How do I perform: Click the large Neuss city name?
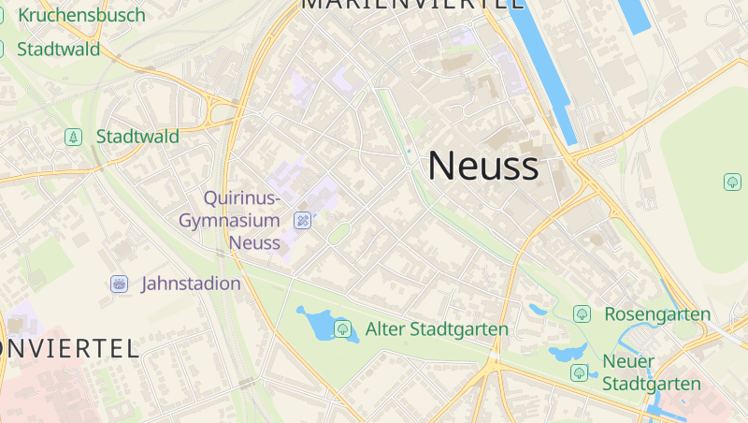click(482, 166)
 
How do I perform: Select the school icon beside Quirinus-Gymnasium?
click(302, 221)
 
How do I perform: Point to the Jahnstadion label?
click(191, 284)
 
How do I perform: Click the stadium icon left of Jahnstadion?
click(119, 284)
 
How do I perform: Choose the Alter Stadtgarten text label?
click(437, 329)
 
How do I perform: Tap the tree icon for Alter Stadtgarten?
click(342, 328)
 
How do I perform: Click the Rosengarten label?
click(657, 314)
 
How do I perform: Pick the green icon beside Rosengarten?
click(582, 314)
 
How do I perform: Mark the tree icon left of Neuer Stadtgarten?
click(579, 372)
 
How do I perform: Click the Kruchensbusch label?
click(82, 15)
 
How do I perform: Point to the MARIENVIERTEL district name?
click(411, 4)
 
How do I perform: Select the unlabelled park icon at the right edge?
click(731, 181)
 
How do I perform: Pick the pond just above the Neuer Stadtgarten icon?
click(567, 354)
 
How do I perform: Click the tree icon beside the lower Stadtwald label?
click(73, 137)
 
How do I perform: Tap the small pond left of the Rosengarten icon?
click(539, 308)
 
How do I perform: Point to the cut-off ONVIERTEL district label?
click(70, 349)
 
